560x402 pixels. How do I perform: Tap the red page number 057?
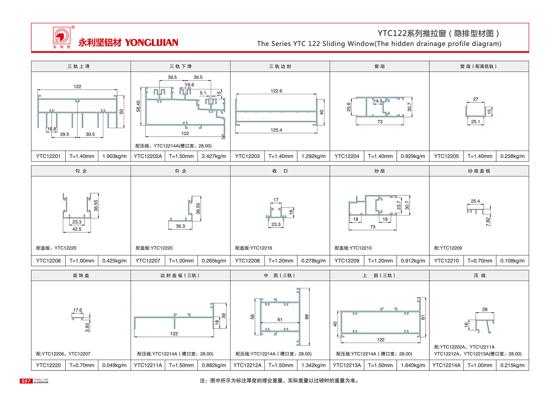26,381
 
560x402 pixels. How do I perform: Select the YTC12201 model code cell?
48,156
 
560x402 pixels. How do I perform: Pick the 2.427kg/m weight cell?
214,156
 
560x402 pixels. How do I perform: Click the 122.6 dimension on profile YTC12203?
276,91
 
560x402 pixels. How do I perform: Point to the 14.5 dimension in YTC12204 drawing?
378,101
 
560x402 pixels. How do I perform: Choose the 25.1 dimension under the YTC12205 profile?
475,122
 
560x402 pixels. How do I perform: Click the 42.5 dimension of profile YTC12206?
77,229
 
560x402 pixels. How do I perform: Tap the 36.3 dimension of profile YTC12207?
180,226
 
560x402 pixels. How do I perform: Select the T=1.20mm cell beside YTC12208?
281,261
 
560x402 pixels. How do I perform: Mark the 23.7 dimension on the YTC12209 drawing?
399,205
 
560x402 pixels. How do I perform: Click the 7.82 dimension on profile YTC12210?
488,222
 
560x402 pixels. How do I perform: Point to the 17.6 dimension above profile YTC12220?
77,310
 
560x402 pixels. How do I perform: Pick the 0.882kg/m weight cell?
214,365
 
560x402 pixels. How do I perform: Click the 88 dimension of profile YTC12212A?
307,317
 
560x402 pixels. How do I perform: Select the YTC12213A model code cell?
347,365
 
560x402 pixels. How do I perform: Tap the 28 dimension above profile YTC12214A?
485,310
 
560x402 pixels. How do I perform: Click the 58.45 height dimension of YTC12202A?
138,106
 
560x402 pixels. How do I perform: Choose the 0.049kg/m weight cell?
114,365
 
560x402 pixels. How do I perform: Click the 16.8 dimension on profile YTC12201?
52,129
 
